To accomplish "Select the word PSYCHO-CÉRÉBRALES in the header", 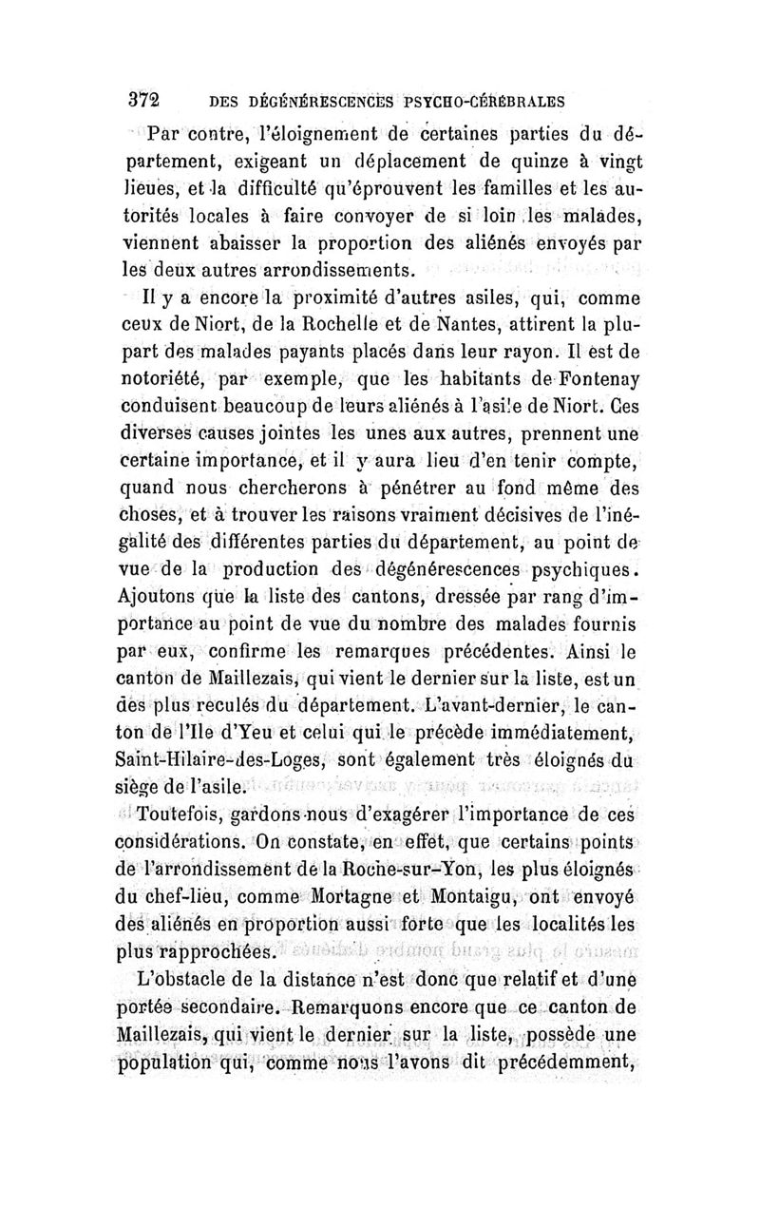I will point(484,99).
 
